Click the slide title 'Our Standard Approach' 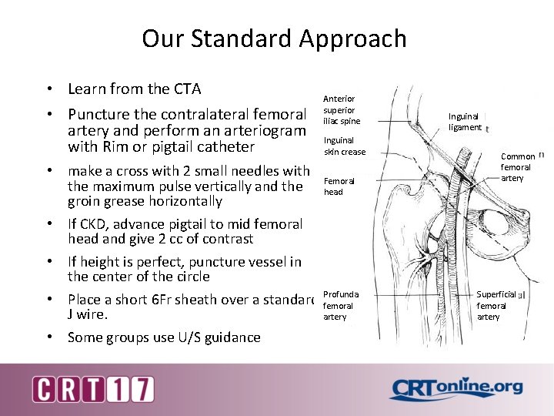tap(274, 39)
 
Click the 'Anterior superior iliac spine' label tap(341, 109)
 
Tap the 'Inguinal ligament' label tap(466, 122)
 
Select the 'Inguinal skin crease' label tap(344, 146)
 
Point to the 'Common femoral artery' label tap(516, 167)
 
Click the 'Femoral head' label tap(339, 186)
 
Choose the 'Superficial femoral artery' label tap(496, 305)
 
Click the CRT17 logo tap(92, 389)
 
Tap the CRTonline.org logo tap(456, 390)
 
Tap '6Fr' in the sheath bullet tap(177, 299)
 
